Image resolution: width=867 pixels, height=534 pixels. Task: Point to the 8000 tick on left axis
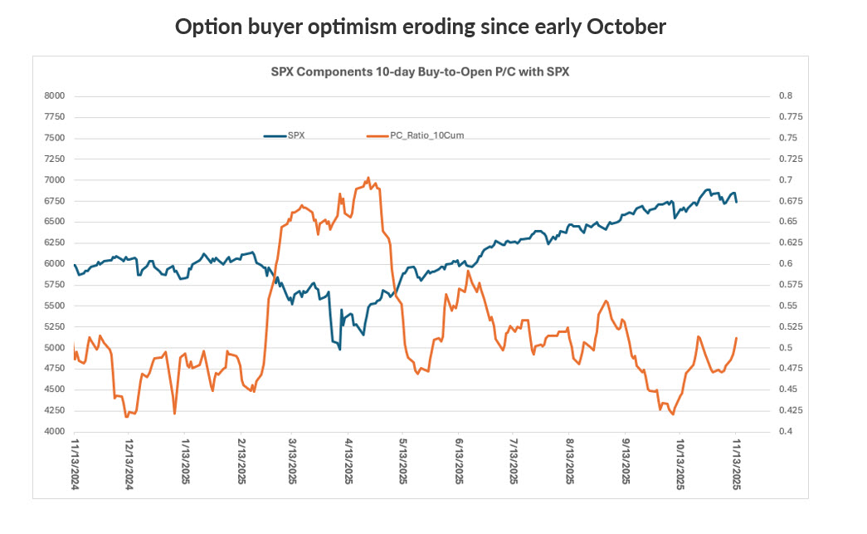(x=53, y=96)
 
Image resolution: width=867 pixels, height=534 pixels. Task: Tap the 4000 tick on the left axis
(x=53, y=432)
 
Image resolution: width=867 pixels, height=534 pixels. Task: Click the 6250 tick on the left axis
(x=53, y=243)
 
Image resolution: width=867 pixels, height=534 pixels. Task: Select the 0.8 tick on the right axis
(x=783, y=96)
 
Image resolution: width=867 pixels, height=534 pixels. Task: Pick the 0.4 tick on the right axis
(x=783, y=432)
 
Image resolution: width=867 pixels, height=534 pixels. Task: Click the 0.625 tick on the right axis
(x=789, y=243)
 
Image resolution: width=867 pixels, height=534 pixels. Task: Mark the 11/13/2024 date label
(x=75, y=467)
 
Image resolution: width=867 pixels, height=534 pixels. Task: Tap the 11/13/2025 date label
(x=735, y=467)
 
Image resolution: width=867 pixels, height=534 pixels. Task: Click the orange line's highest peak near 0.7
(x=368, y=178)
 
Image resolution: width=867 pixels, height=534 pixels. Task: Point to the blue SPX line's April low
(x=340, y=350)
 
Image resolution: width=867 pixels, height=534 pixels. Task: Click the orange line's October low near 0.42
(x=672, y=414)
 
